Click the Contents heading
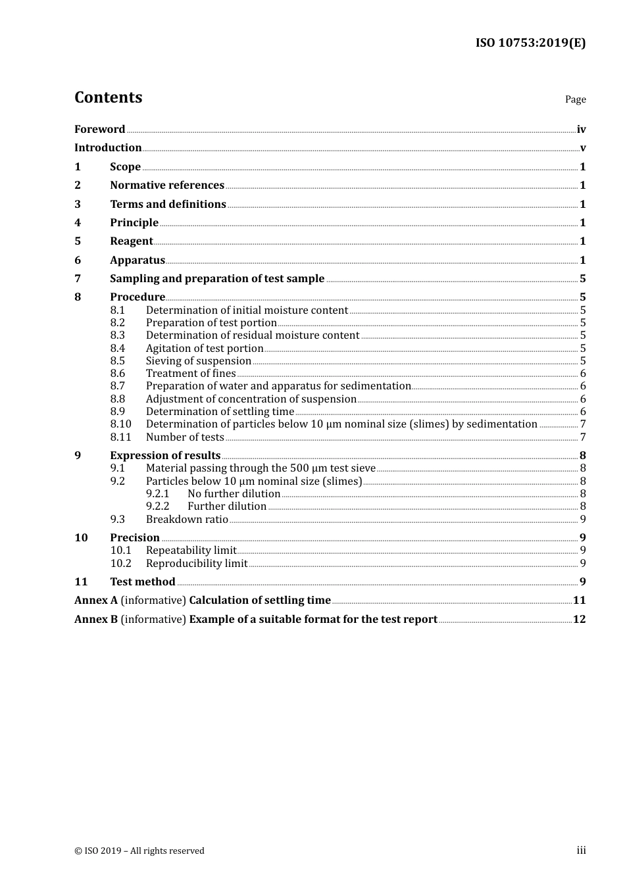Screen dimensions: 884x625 tap(108, 97)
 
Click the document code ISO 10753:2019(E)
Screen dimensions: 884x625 tap(530, 43)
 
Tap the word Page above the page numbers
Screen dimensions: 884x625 tap(575, 99)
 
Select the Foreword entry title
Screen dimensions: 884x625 tap(99, 130)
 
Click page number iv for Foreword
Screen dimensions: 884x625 tap(581, 130)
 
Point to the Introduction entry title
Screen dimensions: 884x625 tap(108, 148)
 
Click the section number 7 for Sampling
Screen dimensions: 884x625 tap(78, 279)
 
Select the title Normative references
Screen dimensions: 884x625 tap(167, 185)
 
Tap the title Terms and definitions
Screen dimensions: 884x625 tap(168, 205)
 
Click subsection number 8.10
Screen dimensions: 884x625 tap(120, 424)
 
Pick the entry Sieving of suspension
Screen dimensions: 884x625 tap(199, 361)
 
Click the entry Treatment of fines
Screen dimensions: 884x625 tap(191, 374)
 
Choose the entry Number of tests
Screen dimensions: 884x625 tap(185, 437)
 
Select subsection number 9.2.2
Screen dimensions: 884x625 tap(157, 506)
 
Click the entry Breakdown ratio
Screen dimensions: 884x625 tap(187, 520)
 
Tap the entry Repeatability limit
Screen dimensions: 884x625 tap(191, 551)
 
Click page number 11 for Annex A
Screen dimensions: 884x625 tap(579, 601)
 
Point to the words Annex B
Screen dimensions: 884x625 tap(96, 620)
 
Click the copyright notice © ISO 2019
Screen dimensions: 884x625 tap(139, 851)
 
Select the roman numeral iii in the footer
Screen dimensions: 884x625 tap(581, 850)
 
